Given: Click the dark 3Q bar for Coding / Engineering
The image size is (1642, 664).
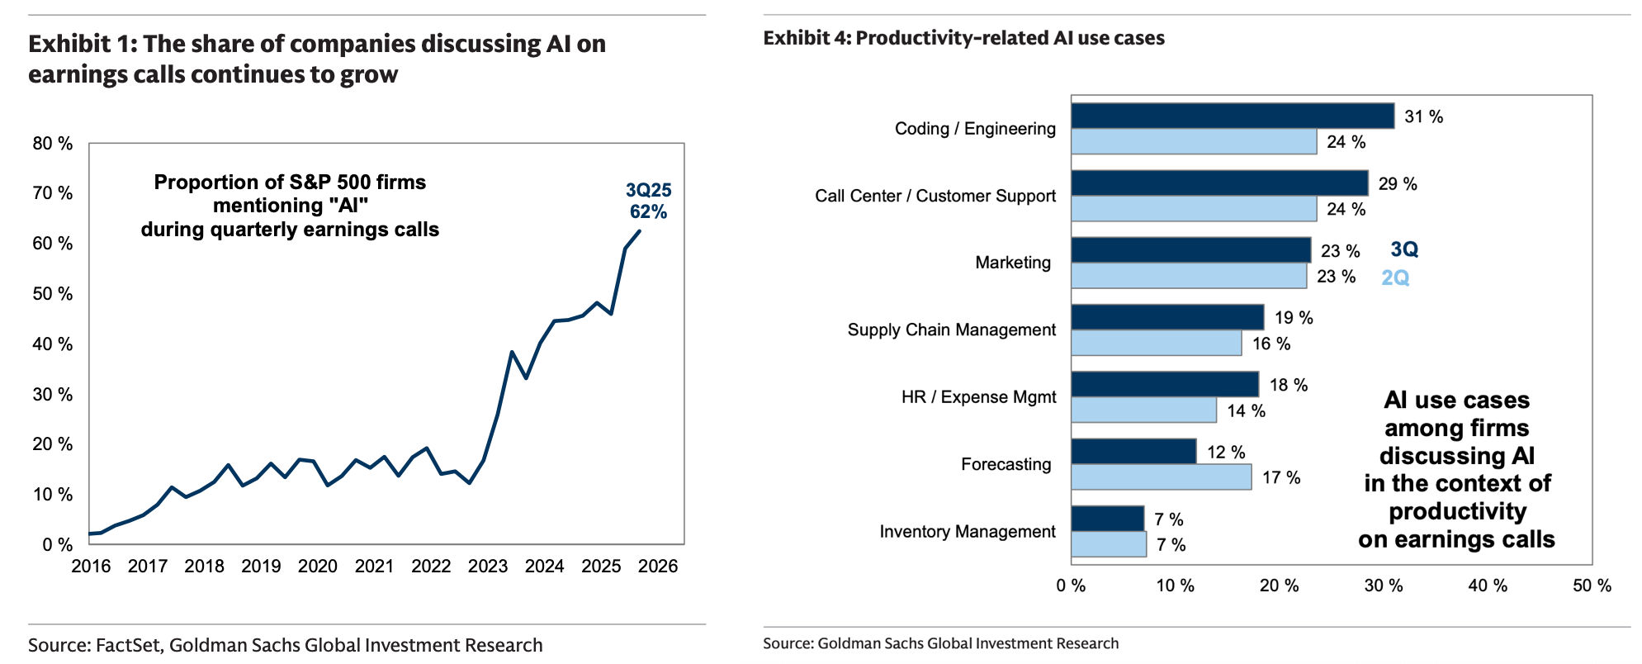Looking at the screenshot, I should pyautogui.click(x=1232, y=116).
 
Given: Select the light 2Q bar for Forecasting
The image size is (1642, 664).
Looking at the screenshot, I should pyautogui.click(x=1161, y=477).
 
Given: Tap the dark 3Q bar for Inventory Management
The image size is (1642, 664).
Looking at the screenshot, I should pyautogui.click(x=1107, y=519).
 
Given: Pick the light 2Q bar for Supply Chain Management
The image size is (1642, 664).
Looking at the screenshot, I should pyautogui.click(x=1156, y=343).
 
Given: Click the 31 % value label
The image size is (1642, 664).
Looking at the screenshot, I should pyautogui.click(x=1423, y=117).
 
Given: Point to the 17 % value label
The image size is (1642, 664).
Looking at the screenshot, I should pyautogui.click(x=1280, y=477).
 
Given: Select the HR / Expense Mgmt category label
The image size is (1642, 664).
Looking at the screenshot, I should pyautogui.click(x=978, y=397).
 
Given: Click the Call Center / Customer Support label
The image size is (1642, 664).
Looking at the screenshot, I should pyautogui.click(x=935, y=196).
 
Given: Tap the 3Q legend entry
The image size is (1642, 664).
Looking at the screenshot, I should pyautogui.click(x=1403, y=249).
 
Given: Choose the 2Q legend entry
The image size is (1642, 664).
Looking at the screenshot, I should pyautogui.click(x=1395, y=277).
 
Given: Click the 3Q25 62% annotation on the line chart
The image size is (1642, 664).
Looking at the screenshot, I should pyautogui.click(x=649, y=202).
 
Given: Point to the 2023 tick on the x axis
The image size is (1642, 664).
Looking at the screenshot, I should pyautogui.click(x=488, y=567).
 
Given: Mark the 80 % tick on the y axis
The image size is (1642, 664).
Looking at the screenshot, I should pyautogui.click(x=53, y=144).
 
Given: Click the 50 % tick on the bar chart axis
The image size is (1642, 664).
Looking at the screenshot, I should pyautogui.click(x=1592, y=586).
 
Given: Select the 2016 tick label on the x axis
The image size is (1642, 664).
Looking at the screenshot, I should pyautogui.click(x=91, y=567).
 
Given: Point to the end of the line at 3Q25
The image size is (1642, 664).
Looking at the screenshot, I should pyautogui.click(x=639, y=231).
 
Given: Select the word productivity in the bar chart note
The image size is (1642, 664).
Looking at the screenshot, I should pyautogui.click(x=1457, y=511).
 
